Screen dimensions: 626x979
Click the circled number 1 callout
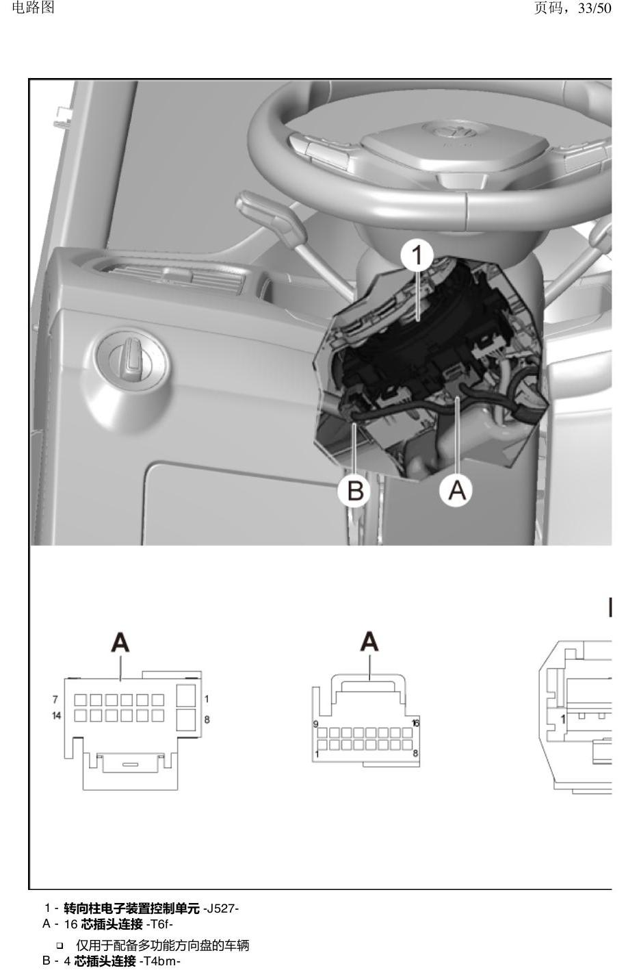coord(417,255)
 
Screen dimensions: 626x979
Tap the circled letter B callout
coord(354,490)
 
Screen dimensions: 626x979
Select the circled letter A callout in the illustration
coord(456,490)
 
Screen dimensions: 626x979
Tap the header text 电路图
coord(34,8)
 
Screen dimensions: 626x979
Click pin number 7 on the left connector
coord(55,699)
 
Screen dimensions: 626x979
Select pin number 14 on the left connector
coord(56,716)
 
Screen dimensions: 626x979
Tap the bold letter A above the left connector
coord(120,643)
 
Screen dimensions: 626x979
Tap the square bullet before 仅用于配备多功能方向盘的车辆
coord(60,945)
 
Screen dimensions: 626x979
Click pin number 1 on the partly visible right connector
coord(563,719)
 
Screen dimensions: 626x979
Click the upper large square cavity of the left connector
coord(185,696)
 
